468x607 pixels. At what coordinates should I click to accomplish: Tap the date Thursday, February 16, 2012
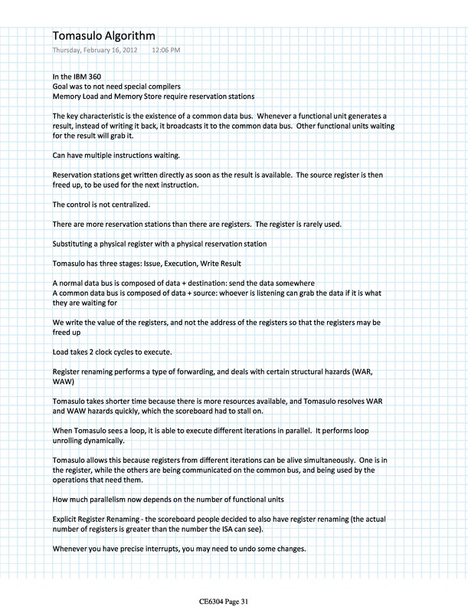tap(96, 50)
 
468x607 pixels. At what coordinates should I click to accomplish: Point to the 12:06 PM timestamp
tap(167, 50)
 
